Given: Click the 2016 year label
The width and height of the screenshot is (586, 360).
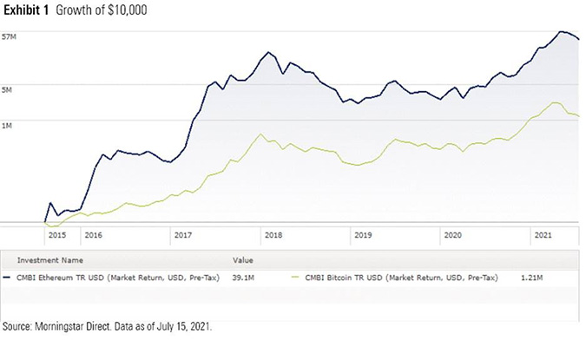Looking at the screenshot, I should (93, 235).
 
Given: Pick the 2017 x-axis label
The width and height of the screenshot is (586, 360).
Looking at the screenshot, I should (182, 235).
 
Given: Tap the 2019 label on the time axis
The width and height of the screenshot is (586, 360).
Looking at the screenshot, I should (362, 235).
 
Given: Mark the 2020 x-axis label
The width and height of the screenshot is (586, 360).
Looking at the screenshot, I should (452, 235).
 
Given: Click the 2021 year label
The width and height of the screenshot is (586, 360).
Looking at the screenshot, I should (542, 235).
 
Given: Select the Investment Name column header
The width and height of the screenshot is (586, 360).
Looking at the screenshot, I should (47, 259).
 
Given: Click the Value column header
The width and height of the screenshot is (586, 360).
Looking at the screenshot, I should (242, 259).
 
